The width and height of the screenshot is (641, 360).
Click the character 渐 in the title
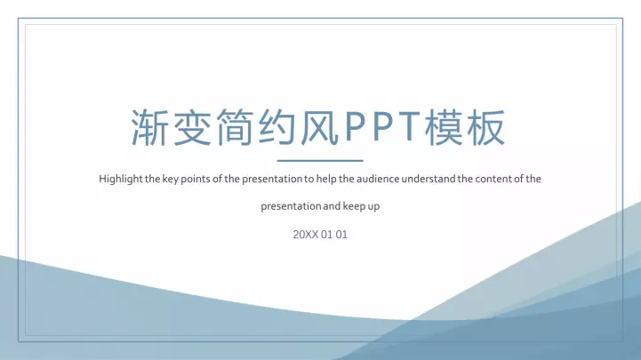(150, 127)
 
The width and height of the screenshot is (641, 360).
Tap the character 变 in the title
(193, 127)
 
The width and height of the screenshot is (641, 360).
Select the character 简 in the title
(235, 127)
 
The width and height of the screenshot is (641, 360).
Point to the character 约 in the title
(277, 127)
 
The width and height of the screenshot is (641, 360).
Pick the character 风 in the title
(320, 127)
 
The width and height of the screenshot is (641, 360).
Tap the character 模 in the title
(445, 127)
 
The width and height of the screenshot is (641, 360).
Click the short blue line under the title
(320, 161)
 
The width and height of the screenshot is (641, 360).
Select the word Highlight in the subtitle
(121, 180)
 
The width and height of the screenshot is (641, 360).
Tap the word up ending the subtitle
(373, 207)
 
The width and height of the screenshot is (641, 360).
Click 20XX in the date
(305, 235)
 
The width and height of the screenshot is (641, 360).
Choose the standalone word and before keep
(332, 206)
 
